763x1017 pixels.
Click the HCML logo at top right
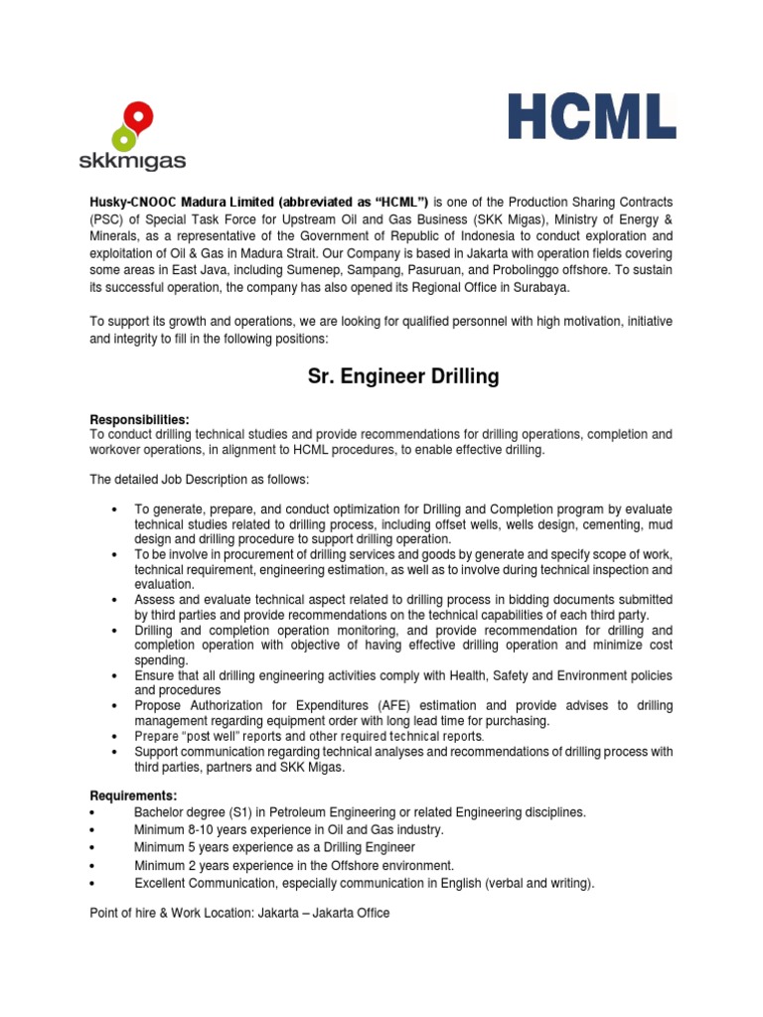point(592,115)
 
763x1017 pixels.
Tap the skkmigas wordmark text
point(132,160)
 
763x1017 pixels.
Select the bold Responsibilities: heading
point(139,419)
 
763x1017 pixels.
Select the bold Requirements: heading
point(134,796)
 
